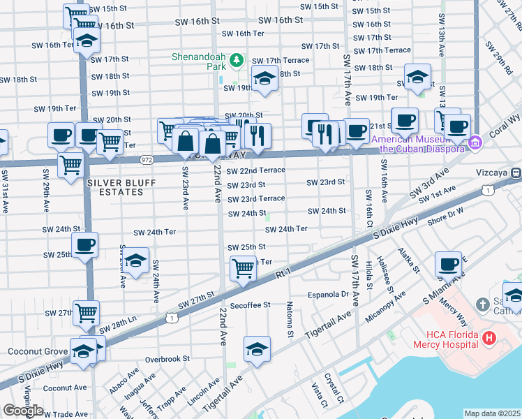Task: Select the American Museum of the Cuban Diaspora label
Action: pos(417,144)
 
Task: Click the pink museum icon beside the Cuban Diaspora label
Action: pos(476,143)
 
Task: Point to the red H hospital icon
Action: pos(489,339)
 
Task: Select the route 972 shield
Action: pos(145,159)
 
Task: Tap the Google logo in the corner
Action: pos(23,411)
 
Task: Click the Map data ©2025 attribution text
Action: pos(492,413)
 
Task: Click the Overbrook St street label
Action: pos(167,359)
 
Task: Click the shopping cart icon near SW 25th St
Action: pos(243,267)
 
